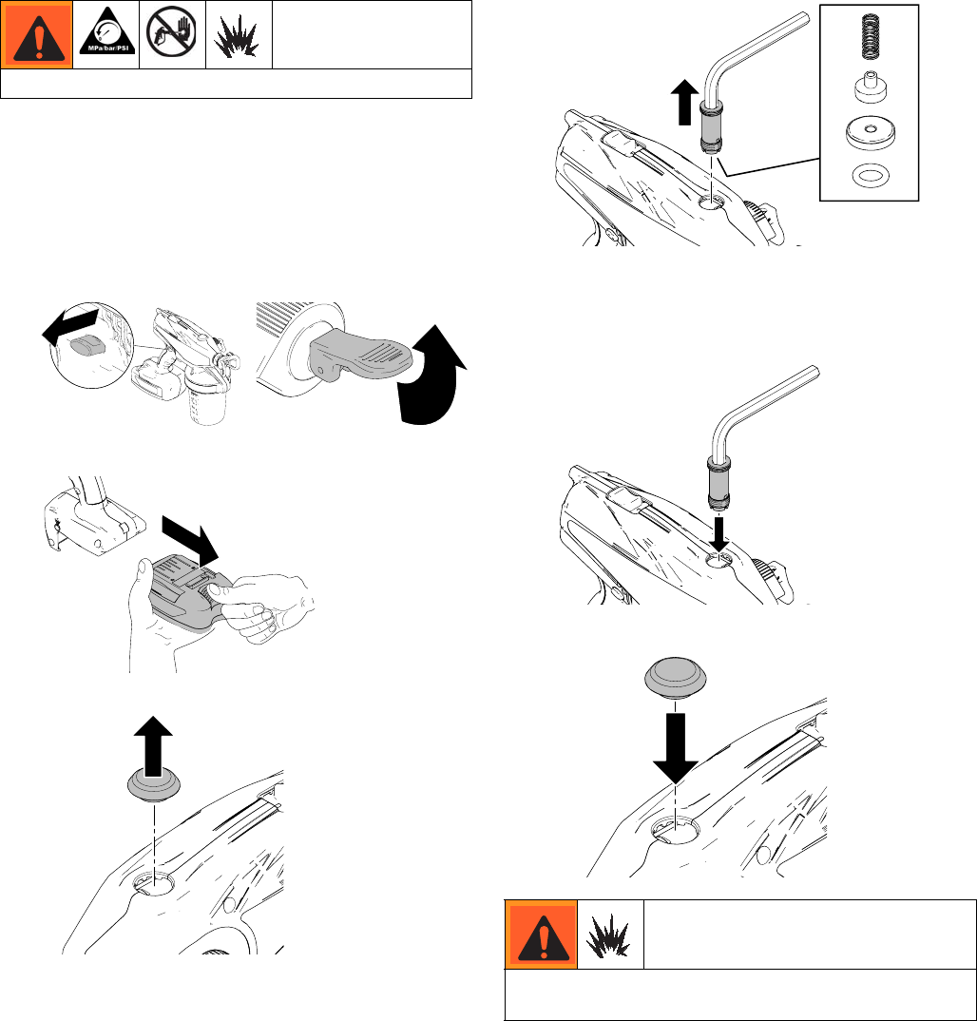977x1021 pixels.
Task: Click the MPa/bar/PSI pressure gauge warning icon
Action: coord(106,32)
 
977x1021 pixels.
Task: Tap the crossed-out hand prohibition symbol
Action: coord(172,33)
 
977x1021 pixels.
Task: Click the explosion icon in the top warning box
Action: coord(237,36)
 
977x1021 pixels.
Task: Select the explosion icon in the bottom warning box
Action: coord(608,934)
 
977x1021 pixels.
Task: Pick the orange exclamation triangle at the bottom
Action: coord(542,935)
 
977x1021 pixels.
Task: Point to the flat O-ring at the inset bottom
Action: coord(871,175)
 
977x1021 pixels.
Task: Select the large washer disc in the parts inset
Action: coord(870,133)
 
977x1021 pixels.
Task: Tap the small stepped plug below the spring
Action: coord(871,87)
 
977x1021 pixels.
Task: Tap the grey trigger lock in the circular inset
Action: coord(87,346)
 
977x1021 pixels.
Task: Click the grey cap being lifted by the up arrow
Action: coord(154,784)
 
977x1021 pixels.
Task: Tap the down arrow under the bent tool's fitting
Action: coord(718,532)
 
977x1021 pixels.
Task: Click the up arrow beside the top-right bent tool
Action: coord(684,102)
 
